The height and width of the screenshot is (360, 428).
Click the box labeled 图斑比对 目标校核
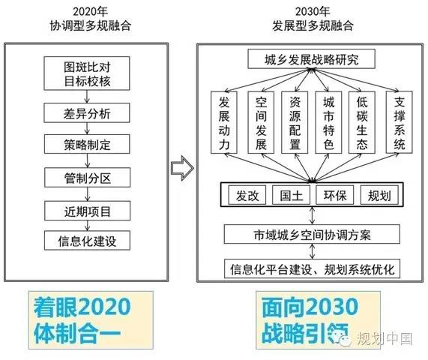pyautogui.click(x=87, y=73)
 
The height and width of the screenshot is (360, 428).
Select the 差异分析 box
pyautogui.click(x=87, y=112)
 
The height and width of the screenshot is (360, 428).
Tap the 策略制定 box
pyautogui.click(x=87, y=144)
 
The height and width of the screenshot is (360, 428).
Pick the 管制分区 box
pyautogui.click(x=88, y=177)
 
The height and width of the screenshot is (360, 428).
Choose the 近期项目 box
pyautogui.click(x=88, y=211)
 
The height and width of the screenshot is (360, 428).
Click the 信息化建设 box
pyautogui.click(x=87, y=240)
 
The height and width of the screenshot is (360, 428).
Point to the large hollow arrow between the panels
pyautogui.click(x=182, y=168)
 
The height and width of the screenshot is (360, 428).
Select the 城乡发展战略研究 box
pyautogui.click(x=312, y=59)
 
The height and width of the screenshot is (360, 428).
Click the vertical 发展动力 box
pyautogui.click(x=224, y=122)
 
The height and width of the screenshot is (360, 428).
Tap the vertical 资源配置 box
pyautogui.click(x=295, y=122)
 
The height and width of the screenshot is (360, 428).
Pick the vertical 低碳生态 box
pyautogui.click(x=362, y=122)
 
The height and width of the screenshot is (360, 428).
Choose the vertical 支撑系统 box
pyautogui.click(x=400, y=122)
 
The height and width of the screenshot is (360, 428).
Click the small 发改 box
pyautogui.click(x=247, y=195)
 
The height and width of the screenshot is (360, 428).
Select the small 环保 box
pyautogui.click(x=334, y=195)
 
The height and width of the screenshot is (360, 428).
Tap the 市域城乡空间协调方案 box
pyautogui.click(x=312, y=234)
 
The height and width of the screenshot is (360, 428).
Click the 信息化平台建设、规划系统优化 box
pyautogui.click(x=313, y=268)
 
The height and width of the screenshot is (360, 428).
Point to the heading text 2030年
pyautogui.click(x=313, y=11)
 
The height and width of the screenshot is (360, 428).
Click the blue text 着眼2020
pyautogui.click(x=82, y=307)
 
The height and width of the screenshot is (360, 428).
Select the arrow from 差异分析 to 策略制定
pyautogui.click(x=87, y=128)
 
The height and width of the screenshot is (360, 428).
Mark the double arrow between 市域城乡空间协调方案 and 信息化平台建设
pyautogui.click(x=313, y=251)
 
